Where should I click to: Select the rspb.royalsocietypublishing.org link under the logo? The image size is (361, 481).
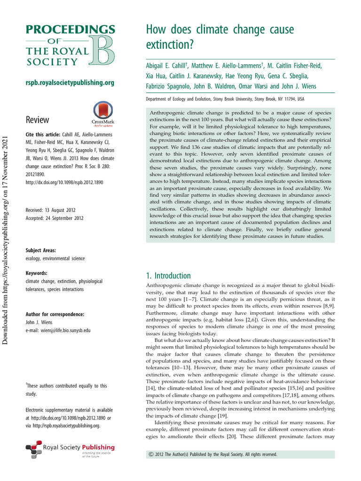click(70, 83)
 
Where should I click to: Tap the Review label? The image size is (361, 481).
click(38, 120)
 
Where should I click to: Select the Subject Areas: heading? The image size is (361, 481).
click(43, 251)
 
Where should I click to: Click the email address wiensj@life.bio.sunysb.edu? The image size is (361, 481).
click(58, 330)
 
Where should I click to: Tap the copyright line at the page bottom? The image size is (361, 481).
click(212, 455)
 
